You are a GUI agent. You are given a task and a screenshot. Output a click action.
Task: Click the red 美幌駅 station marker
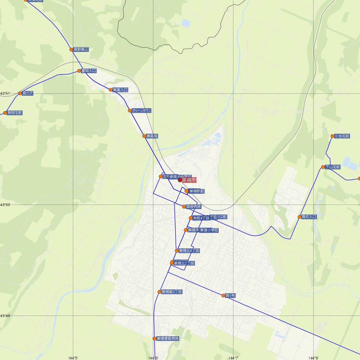tap(180, 180)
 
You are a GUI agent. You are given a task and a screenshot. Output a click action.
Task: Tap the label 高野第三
tap(81, 49)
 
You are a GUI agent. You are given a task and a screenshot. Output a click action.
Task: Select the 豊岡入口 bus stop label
tap(89, 71)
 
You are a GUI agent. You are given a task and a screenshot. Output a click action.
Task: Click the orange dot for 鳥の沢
tap(20, 93)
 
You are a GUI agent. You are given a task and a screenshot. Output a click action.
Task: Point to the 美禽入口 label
tap(120, 90)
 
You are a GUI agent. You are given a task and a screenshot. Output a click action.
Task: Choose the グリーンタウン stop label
tap(141, 111)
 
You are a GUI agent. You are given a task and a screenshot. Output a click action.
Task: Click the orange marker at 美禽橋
tap(144, 136)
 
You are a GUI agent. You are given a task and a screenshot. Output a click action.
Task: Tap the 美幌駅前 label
tap(197, 191)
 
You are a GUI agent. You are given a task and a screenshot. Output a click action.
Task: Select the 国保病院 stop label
tap(193, 207)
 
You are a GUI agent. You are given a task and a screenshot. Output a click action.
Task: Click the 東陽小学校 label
tap(209, 230)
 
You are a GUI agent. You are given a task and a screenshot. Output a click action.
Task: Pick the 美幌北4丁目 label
tap(189, 251)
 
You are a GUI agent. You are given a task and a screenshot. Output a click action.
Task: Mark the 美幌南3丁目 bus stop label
tap(172, 292)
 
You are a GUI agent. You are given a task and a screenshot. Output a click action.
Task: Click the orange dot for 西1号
tap(223, 295)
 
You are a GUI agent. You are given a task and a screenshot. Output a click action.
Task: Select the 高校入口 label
tap(309, 217)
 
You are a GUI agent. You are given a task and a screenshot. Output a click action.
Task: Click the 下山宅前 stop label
tap(333, 167)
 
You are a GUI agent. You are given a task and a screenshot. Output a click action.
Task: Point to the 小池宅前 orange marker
tap(332, 136)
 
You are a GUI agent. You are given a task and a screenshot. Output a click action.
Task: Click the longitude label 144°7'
tap(233, 358)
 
